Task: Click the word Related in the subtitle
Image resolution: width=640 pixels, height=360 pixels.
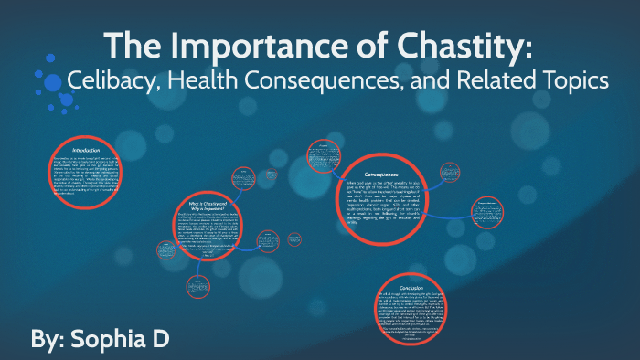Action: coord(495,80)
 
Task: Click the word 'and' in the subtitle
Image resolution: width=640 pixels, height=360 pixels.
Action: coord(436,80)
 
